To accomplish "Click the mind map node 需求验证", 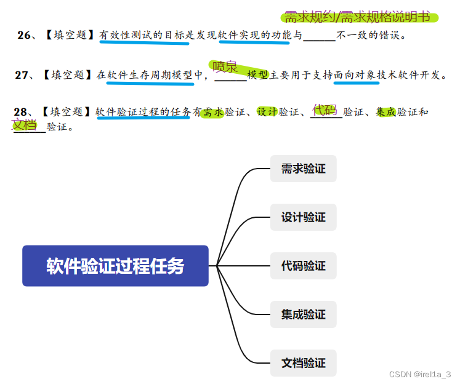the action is pyautogui.click(x=303, y=169).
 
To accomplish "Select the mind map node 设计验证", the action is pyautogui.click(x=303, y=217).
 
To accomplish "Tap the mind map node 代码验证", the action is pyautogui.click(x=303, y=266).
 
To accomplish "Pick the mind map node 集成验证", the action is pyautogui.click(x=303, y=314).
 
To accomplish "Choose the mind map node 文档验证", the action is pyautogui.click(x=303, y=363).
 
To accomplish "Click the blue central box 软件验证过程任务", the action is pyautogui.click(x=115, y=266).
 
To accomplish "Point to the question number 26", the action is pyautogui.click(x=25, y=36).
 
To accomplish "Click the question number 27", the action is pyautogui.click(x=23, y=75).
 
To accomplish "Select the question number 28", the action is pyautogui.click(x=21, y=112).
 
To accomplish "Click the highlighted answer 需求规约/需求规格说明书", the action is pyautogui.click(x=357, y=17).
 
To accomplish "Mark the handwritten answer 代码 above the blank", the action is pyautogui.click(x=325, y=110).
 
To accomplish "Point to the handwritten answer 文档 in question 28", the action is pyautogui.click(x=25, y=125).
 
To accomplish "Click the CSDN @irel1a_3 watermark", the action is pyautogui.click(x=422, y=374).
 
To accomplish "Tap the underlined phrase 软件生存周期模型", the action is pyautogui.click(x=150, y=75).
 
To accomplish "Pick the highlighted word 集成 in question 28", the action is pyautogui.click(x=385, y=112).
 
